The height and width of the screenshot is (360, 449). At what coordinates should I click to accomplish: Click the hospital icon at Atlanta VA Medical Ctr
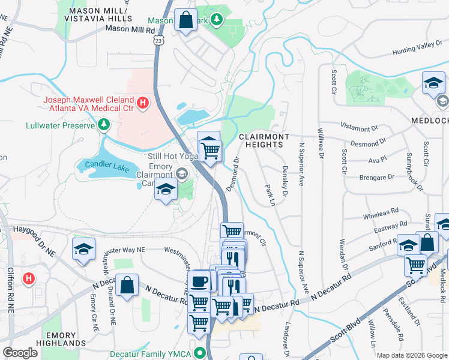[x=142, y=103]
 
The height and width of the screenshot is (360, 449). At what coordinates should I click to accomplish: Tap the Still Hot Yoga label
[x=172, y=155]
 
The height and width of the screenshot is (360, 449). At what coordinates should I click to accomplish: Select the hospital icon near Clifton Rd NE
[x=28, y=278]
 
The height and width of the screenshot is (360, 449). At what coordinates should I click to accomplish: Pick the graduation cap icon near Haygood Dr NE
[x=84, y=248]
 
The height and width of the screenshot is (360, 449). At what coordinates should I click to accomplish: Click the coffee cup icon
[x=199, y=281]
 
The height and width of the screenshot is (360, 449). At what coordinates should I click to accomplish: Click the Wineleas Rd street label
[x=381, y=214]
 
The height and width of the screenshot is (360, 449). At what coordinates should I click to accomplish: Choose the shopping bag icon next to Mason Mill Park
[x=186, y=20]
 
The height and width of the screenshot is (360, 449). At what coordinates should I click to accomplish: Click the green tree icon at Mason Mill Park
[x=217, y=20]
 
